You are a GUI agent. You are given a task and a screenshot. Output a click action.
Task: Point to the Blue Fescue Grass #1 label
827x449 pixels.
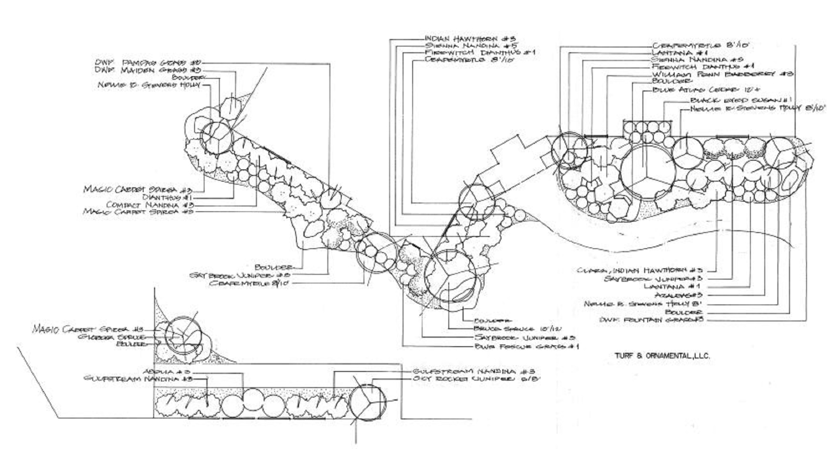pyautogui.click(x=526, y=347)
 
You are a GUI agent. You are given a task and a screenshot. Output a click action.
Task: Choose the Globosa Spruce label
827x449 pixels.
pyautogui.click(x=111, y=337)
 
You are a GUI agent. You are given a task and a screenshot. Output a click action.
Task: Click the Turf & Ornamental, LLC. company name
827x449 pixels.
pyautogui.click(x=662, y=356)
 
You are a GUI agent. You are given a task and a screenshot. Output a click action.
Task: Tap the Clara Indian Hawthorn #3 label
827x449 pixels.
pyautogui.click(x=639, y=270)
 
